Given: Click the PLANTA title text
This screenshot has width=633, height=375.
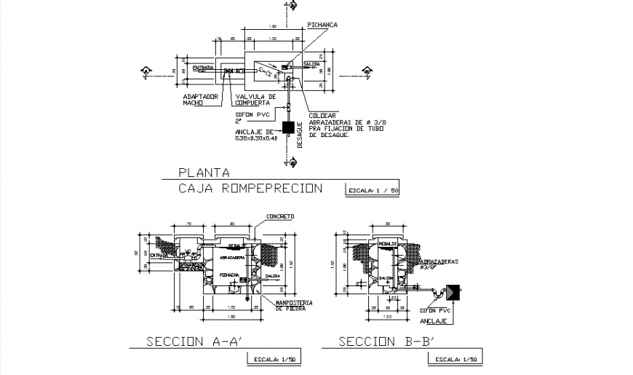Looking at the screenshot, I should coord(204,173).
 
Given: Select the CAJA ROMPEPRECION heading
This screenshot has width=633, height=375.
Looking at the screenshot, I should coord(250,189).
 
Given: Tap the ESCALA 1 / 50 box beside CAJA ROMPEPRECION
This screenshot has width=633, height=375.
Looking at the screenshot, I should coord(373,190).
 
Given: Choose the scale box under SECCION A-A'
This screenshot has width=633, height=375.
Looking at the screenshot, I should coord(275,359).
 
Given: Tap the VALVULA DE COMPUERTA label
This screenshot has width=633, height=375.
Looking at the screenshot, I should coord(255,100).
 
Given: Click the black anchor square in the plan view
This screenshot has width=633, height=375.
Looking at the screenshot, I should coord(288,127).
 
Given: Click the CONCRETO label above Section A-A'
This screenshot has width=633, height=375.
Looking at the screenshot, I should coord(280,216).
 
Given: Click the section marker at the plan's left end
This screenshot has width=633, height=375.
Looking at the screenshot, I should coord(146,71).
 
